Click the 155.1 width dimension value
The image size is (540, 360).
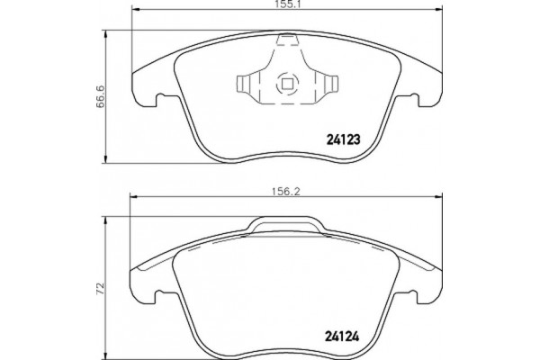click(286, 4)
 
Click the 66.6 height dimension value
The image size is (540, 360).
click(100, 96)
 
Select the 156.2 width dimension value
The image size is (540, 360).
click(286, 192)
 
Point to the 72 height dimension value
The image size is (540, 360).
click(100, 289)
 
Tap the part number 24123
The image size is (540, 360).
click(343, 139)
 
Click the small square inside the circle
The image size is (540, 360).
click(287, 84)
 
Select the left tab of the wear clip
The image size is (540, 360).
click(244, 84)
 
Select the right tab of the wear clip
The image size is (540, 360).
click(331, 84)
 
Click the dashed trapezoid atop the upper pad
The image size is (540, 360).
click(287, 40)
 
